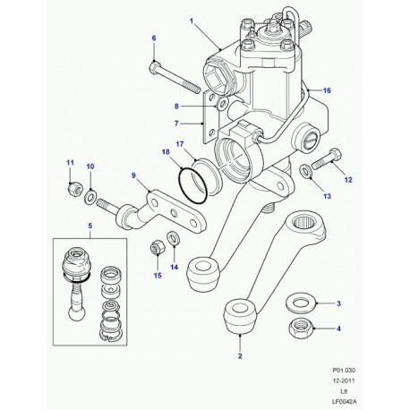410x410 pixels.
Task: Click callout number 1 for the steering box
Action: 192,21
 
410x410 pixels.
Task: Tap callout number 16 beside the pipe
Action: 327,90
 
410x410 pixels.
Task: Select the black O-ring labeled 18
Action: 192,185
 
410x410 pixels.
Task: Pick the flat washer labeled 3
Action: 300,304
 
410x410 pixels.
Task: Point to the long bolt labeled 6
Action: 174,77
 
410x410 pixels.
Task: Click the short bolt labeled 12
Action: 327,159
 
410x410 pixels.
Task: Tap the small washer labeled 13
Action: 305,171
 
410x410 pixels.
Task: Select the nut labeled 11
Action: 73,188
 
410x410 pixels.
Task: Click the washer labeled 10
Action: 90,197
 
